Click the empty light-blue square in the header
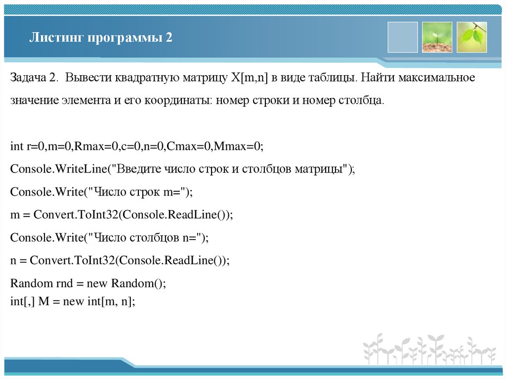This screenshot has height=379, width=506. [402, 37]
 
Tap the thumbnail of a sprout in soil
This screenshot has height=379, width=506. [437, 37]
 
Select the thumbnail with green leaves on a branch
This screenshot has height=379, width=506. [471, 37]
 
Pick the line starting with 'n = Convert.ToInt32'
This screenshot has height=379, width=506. [120, 260]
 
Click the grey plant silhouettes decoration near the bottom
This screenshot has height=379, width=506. [429, 349]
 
